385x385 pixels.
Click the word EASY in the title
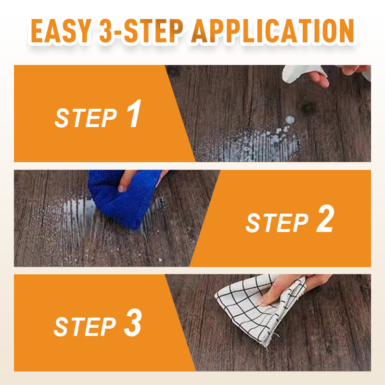62,31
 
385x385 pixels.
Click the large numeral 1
134,114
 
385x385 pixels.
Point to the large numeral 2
325,218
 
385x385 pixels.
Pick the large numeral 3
133,322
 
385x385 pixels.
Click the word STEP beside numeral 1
86,118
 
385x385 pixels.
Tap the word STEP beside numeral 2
277,223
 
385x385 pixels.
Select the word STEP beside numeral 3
85,327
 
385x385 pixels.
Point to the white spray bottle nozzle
303,73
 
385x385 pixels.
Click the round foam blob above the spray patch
290,120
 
